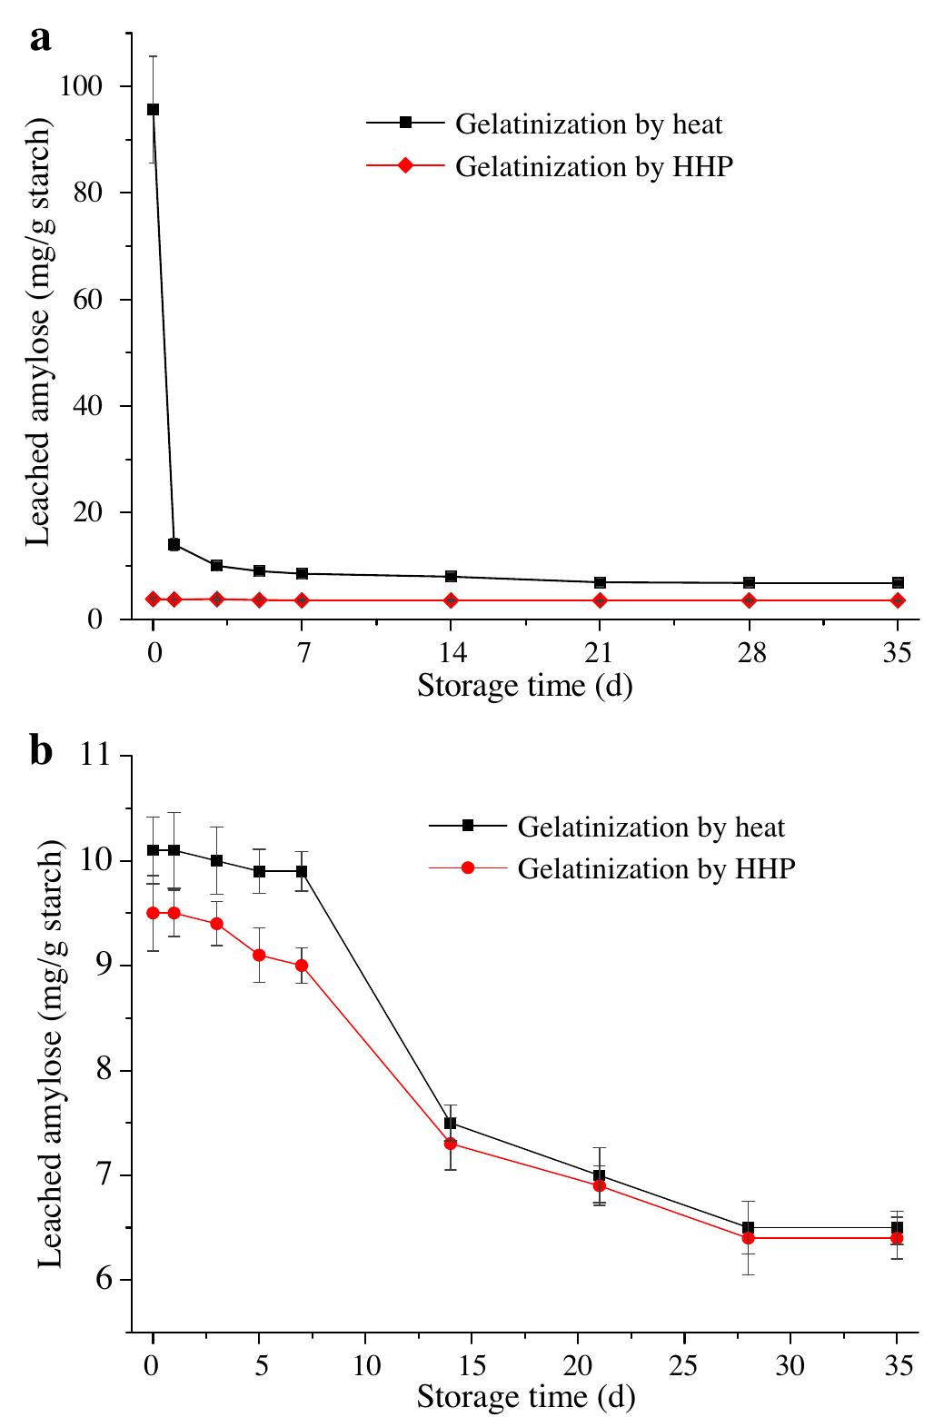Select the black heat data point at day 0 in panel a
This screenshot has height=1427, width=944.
[153, 109]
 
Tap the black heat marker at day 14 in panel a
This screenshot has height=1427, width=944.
[451, 577]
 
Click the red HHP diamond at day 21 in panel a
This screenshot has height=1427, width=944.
[600, 600]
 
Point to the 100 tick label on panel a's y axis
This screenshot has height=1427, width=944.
[81, 86]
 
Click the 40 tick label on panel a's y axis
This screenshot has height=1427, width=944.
[90, 406]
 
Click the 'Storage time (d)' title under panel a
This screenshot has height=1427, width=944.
[524, 685]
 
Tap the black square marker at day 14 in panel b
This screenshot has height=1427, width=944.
[451, 1124]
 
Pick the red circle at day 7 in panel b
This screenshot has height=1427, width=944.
[302, 966]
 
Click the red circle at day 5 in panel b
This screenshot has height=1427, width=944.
[259, 955]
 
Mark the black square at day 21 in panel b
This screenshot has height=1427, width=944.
[600, 1175]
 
